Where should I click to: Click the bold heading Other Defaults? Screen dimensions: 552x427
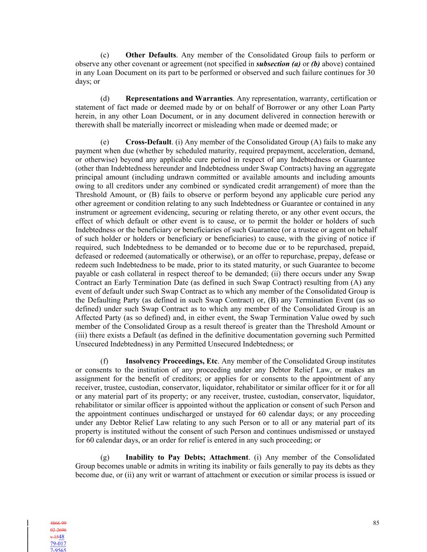pyautogui.click(x=151, y=55)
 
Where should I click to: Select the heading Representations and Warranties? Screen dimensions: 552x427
pyautogui.click(x=179, y=99)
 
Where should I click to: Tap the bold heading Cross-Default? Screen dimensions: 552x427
pyautogui.click(x=149, y=142)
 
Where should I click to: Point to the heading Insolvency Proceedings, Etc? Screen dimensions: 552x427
pyautogui.click(x=172, y=361)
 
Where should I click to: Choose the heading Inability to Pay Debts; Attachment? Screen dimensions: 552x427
pyautogui.click(x=187, y=457)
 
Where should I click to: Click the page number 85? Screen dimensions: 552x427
pyautogui.click(x=376, y=523)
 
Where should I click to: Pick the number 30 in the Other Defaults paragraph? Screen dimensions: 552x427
pyautogui.click(x=370, y=73)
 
